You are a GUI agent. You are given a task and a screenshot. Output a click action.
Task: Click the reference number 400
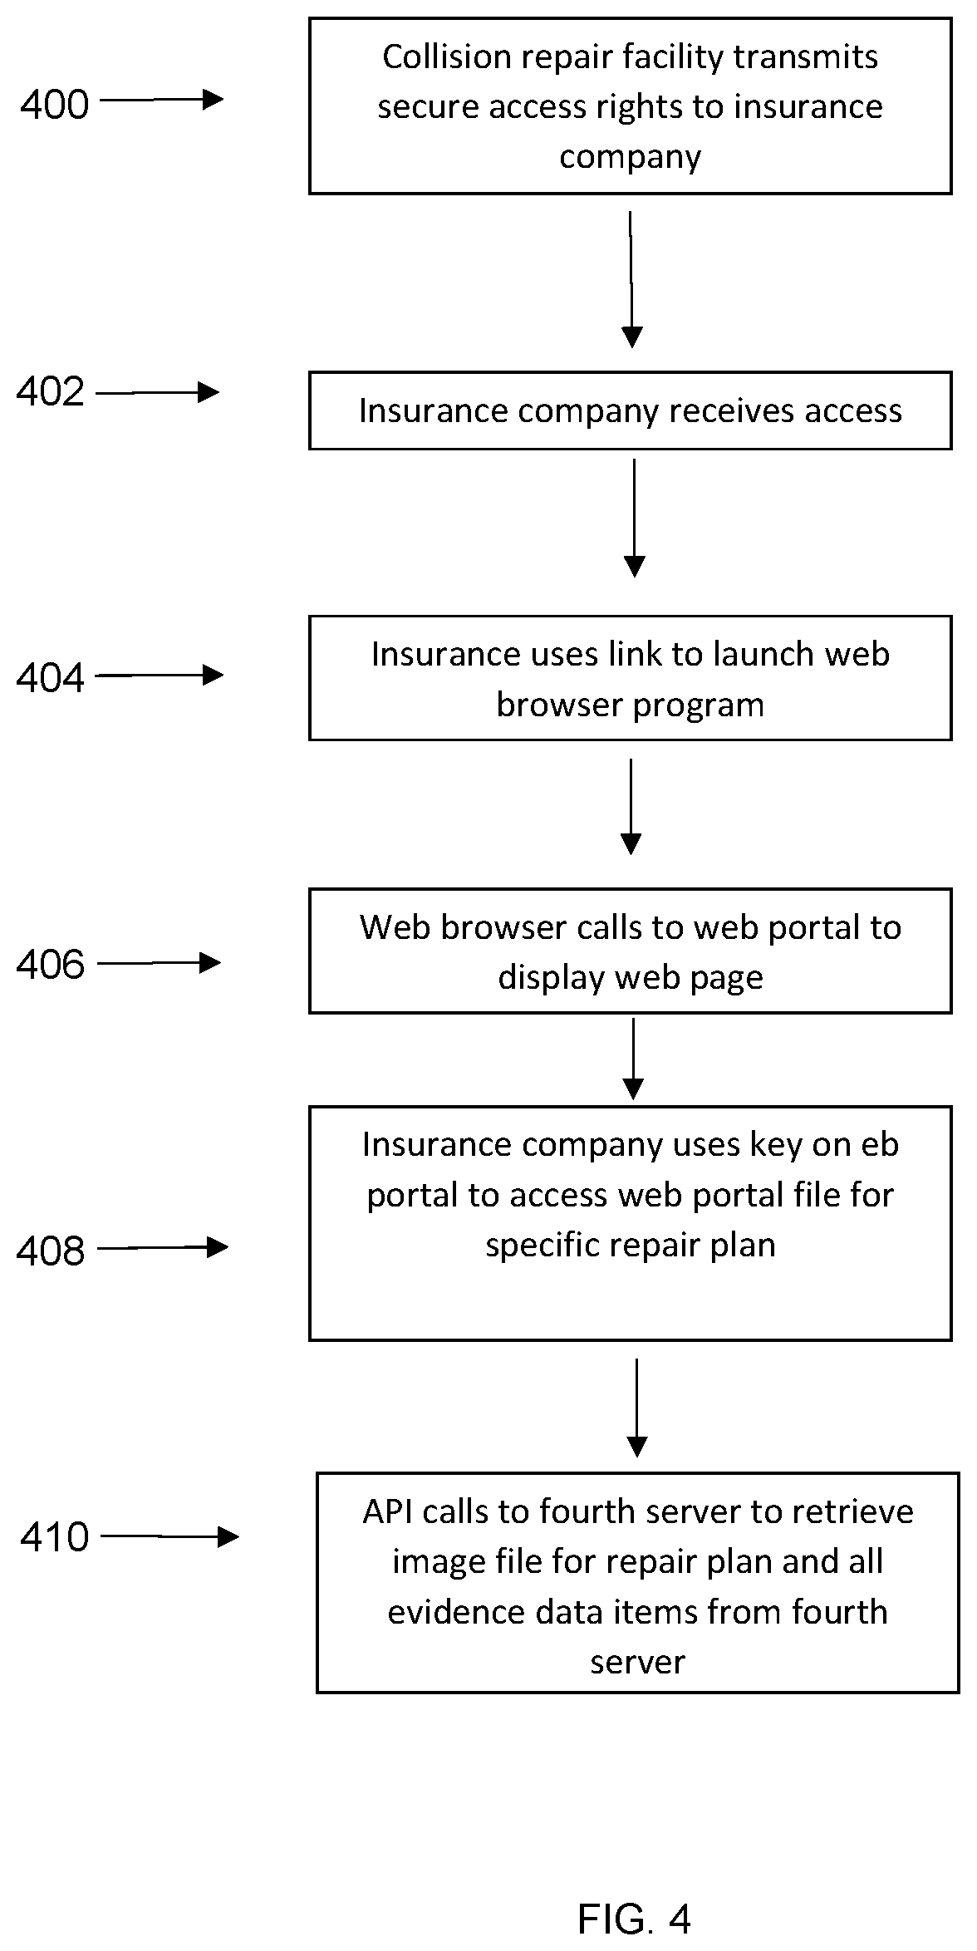point(55,106)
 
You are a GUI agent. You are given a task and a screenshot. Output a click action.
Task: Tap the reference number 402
point(51,392)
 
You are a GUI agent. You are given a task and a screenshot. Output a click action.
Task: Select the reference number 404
point(51,678)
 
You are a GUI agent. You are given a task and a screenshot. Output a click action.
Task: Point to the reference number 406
point(51,965)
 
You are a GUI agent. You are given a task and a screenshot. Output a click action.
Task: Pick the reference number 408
point(51,1251)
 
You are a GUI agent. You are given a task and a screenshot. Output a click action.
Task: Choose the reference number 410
point(55,1537)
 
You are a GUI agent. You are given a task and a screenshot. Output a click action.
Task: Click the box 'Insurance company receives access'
point(631,410)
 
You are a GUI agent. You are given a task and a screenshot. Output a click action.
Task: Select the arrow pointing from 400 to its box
point(162,100)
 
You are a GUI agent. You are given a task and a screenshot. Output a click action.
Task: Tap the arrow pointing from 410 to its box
point(169,1536)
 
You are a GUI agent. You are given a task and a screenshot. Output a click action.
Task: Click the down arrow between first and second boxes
point(631,280)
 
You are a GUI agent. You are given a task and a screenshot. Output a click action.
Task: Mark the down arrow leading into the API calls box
point(636,1408)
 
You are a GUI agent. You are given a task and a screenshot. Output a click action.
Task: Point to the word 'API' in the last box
point(388,1511)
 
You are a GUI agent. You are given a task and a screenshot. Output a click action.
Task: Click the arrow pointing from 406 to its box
point(160,963)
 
